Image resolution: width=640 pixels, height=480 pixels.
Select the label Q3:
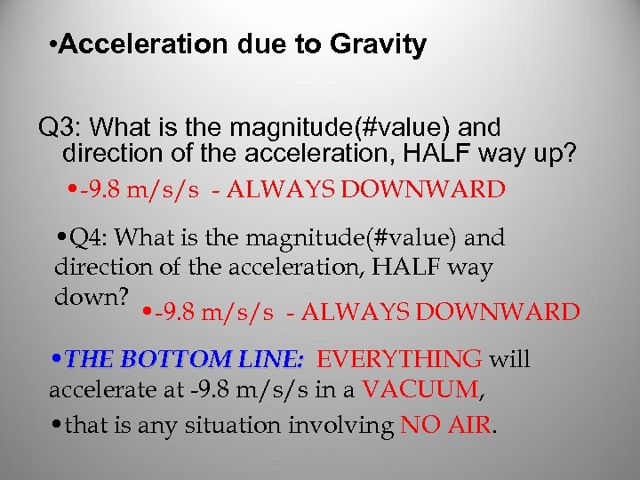[x=60, y=127]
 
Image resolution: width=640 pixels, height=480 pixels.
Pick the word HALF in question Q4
[x=419, y=267]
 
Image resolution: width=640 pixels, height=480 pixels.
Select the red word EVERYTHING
[x=399, y=359]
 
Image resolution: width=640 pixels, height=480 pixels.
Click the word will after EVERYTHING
[x=509, y=359]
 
